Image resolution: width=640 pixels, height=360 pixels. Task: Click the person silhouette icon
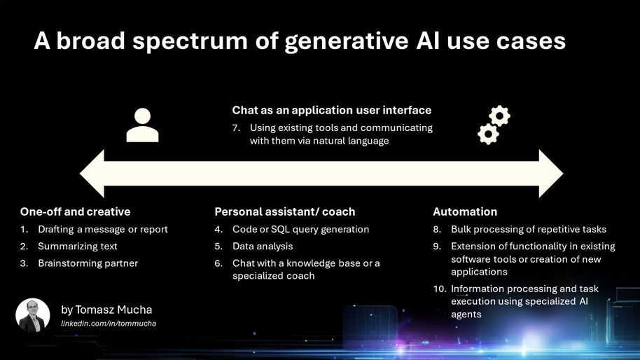coord(142,125)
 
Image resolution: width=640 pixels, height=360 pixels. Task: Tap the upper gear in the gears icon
coord(499,116)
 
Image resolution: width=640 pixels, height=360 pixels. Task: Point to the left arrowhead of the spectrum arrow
coord(92,174)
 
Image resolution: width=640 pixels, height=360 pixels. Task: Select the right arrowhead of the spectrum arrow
coord(551,174)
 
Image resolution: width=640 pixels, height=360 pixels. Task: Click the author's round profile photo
coord(33,315)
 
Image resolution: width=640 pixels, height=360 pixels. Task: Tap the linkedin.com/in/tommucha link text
coord(109,324)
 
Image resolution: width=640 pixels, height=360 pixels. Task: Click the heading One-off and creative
coord(76,212)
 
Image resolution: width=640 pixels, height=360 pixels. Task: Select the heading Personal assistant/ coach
coord(285,212)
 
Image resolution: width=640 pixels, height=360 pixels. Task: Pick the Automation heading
coord(465,212)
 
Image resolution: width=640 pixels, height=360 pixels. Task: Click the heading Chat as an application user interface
coord(332,110)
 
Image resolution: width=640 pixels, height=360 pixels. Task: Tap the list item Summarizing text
coord(78,246)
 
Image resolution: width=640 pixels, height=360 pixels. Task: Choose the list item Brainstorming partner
coord(88,263)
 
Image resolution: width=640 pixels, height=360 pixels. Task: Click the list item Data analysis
coord(263,246)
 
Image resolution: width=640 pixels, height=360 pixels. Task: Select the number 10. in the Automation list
coord(440,289)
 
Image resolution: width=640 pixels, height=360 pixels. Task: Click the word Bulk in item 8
coord(461,230)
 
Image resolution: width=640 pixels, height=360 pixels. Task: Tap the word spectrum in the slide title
coord(190,41)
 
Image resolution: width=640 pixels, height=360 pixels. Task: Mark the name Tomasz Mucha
coord(113,310)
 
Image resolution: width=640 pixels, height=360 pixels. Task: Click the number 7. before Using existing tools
coord(236,127)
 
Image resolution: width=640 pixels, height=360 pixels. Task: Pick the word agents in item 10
coord(466,314)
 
